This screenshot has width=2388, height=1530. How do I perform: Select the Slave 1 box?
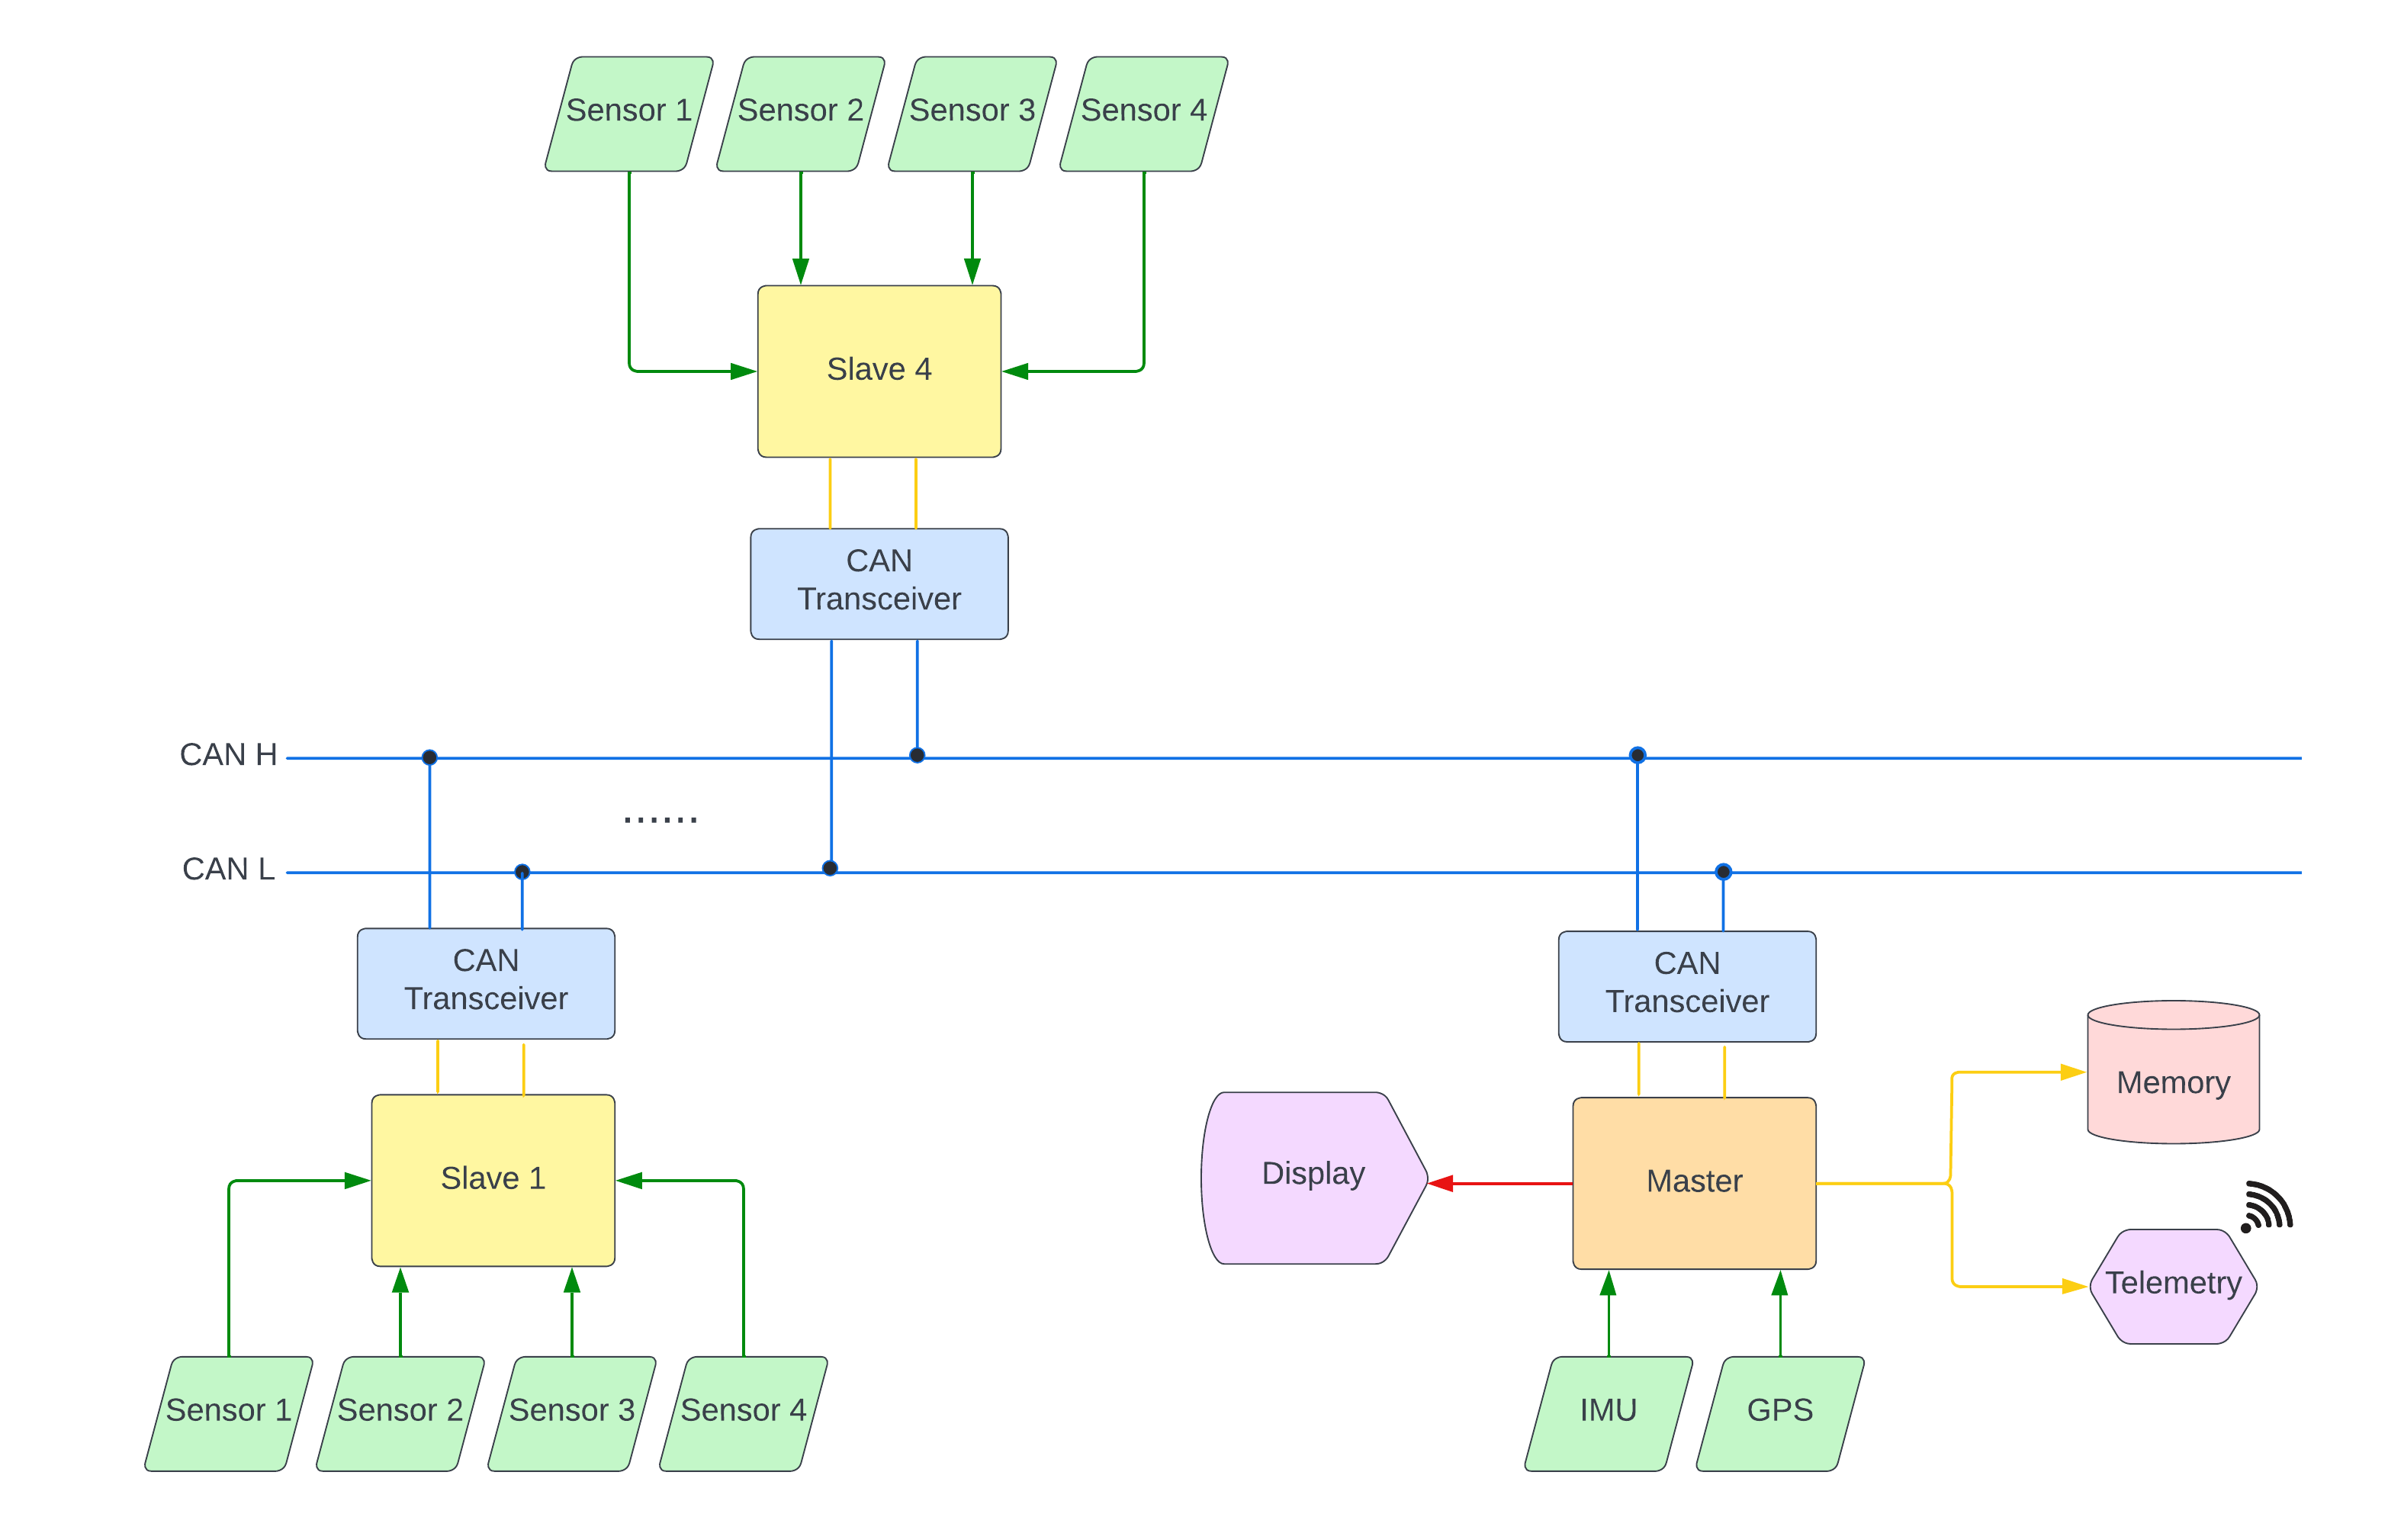click(493, 1179)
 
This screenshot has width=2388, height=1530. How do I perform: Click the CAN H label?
click(227, 755)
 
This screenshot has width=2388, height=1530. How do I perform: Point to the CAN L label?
click(227, 869)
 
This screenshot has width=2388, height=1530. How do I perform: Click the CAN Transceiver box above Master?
click(1686, 985)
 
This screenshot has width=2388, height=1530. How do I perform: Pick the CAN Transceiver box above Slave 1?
click(485, 982)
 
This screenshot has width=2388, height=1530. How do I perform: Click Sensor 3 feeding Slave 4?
click(972, 112)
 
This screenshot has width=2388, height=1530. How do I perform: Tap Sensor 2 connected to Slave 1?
click(400, 1412)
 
